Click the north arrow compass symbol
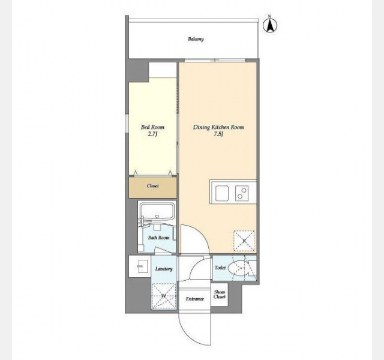270,25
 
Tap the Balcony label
196,39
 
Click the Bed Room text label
152,127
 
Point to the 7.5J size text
218,134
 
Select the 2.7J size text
152,134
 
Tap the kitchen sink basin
222,193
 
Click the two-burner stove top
242,193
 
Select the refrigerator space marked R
244,241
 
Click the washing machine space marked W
164,296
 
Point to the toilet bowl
238,268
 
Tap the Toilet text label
220,268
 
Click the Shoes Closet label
220,294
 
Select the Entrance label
194,299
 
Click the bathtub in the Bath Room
157,211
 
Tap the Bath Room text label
158,238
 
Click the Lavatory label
164,269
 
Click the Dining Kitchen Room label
218,127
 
